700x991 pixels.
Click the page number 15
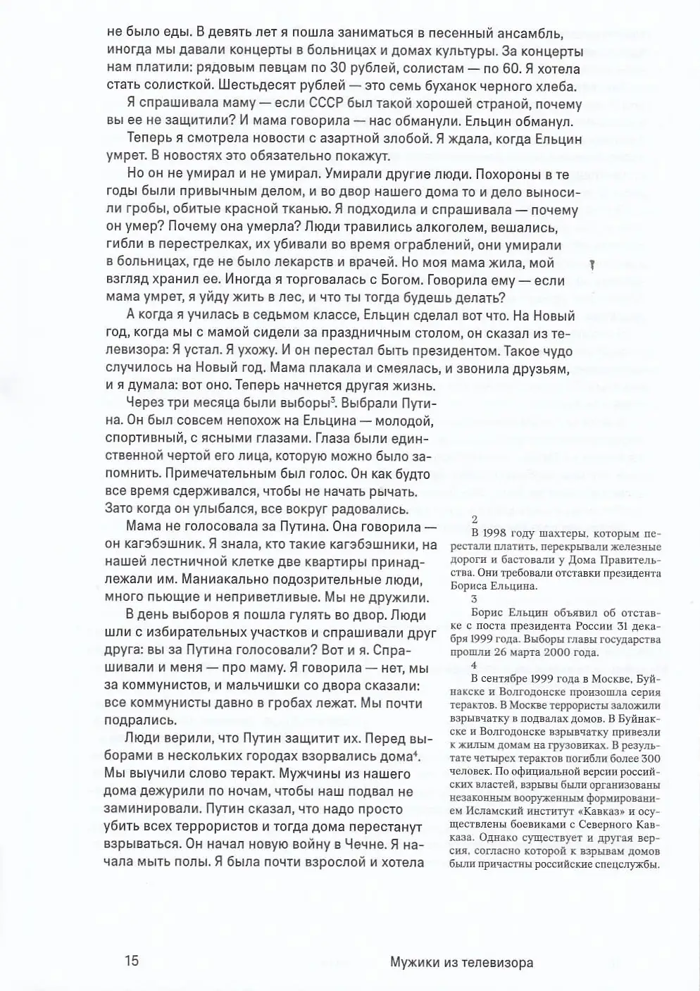(132, 961)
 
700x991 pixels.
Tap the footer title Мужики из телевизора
(461, 962)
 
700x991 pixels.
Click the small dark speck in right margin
(592, 266)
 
